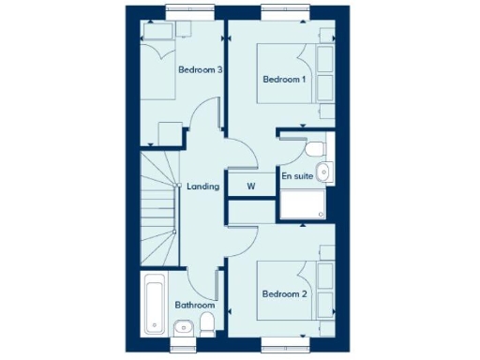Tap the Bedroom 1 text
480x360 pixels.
[x=284, y=80]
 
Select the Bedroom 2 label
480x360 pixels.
[x=284, y=294]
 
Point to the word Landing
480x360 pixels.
[x=203, y=187]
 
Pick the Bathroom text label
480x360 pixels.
[x=196, y=305]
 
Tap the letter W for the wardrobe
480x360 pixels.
[x=251, y=186]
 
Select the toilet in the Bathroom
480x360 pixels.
[x=208, y=324]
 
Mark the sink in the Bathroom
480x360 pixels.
[x=179, y=326]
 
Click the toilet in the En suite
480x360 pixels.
[x=315, y=147]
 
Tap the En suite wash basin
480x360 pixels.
[x=323, y=171]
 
